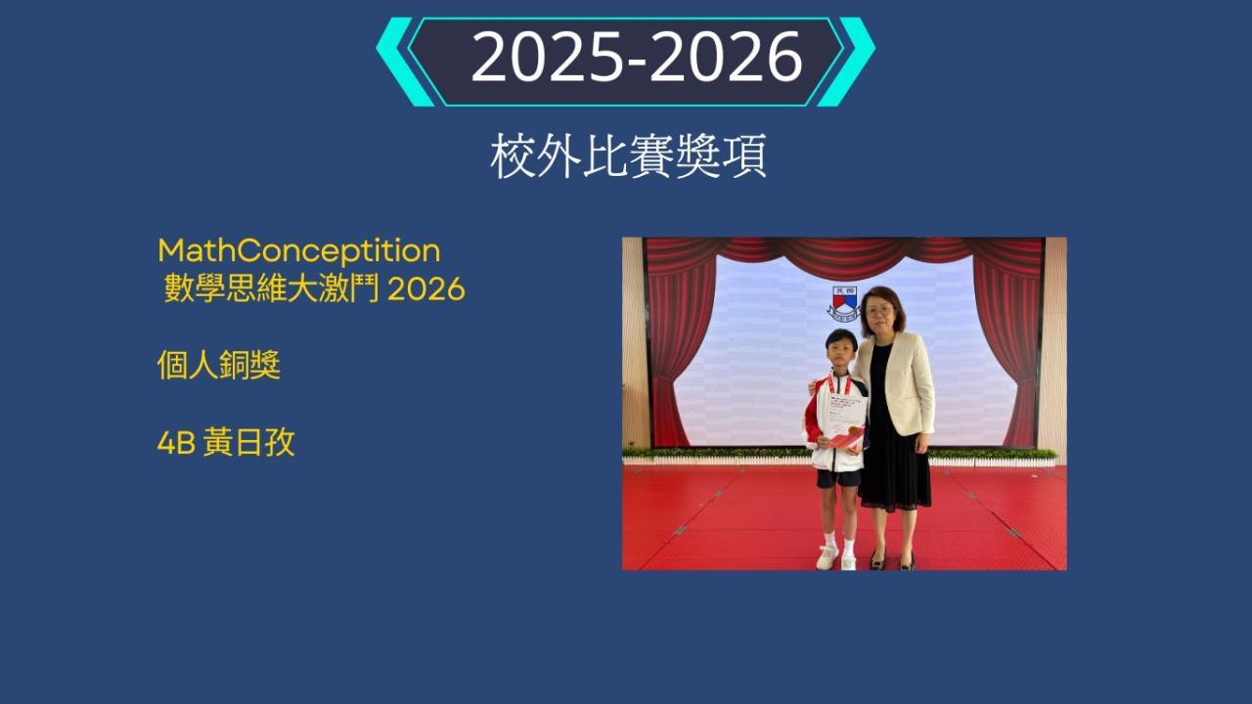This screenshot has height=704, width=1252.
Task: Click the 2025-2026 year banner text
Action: click(637, 57)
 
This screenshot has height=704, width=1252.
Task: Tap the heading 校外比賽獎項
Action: click(628, 155)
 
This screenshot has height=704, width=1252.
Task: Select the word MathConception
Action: click(299, 251)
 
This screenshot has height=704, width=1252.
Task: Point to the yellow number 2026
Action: click(425, 289)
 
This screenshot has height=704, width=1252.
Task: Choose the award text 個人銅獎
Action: click(218, 366)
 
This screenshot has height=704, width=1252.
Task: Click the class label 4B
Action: click(176, 444)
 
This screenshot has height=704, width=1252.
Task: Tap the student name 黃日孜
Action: click(248, 443)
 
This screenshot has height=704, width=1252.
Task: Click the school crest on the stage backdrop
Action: click(844, 303)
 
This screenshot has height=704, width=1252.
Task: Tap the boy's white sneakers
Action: click(835, 557)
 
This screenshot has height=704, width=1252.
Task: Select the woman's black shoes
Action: click(892, 560)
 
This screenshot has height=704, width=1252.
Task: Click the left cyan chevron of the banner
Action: click(404, 62)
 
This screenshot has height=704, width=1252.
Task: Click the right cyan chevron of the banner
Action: click(846, 62)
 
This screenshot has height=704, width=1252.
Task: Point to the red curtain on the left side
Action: click(679, 346)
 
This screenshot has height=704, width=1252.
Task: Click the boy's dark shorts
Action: click(838, 478)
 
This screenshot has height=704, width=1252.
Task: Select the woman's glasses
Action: click(878, 310)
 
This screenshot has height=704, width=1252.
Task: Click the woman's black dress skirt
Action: click(894, 469)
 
